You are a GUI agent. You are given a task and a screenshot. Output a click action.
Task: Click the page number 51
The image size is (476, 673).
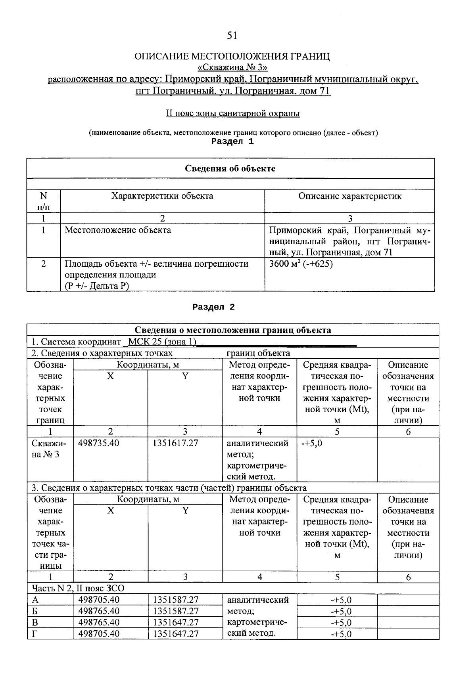tap(232, 36)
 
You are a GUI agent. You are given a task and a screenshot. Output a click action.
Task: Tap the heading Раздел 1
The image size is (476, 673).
tap(232, 141)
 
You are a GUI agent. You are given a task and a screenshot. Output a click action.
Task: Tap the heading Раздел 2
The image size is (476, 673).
tap(213, 307)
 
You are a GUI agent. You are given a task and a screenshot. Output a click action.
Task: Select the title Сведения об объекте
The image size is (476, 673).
tap(230, 168)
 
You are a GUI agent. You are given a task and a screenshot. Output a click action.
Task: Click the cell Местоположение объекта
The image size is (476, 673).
tap(118, 230)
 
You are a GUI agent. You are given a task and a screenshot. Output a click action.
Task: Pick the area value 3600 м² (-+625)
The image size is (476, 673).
tap(301, 264)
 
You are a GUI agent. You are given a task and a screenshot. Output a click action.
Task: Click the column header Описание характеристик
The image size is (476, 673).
tap(349, 196)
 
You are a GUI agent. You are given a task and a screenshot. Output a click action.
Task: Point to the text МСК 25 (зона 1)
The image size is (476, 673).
tap(163, 342)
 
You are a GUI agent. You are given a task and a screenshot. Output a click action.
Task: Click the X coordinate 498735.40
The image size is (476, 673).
tap(99, 443)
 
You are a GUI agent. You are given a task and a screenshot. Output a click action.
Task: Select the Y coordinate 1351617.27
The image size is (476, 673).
tap(175, 443)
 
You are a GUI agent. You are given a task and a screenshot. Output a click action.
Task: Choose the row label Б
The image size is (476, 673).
tap(35, 611)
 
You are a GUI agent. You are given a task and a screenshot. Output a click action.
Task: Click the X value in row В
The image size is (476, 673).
tap(99, 622)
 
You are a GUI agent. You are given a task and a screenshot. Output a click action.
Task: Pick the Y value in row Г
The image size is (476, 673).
tap(176, 634)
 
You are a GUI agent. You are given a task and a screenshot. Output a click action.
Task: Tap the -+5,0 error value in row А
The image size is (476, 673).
tap(341, 600)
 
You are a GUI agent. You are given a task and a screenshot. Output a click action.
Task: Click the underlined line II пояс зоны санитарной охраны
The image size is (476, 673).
tap(232, 114)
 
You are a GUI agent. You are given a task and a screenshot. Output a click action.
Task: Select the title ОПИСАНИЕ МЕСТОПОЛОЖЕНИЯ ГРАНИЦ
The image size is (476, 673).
tap(232, 56)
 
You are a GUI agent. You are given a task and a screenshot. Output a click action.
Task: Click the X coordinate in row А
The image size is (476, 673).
tap(99, 600)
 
